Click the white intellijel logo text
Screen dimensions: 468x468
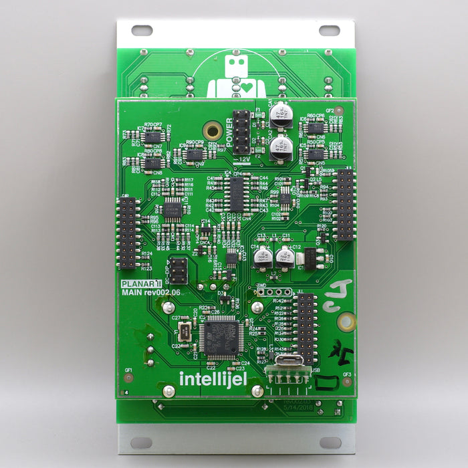click(x=213, y=379)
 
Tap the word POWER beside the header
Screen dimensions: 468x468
click(x=229, y=132)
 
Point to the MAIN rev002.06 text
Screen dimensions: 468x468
click(x=150, y=292)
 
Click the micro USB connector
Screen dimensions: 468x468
click(x=288, y=360)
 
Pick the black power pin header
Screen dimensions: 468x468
click(x=241, y=132)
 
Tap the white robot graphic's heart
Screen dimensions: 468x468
click(x=246, y=87)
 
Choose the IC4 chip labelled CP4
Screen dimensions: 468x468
click(x=237, y=194)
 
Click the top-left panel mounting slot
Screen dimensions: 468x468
click(x=142, y=30)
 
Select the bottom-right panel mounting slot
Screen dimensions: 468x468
click(x=329, y=443)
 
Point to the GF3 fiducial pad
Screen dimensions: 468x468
click(x=347, y=382)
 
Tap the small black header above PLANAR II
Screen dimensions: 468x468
click(x=177, y=270)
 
